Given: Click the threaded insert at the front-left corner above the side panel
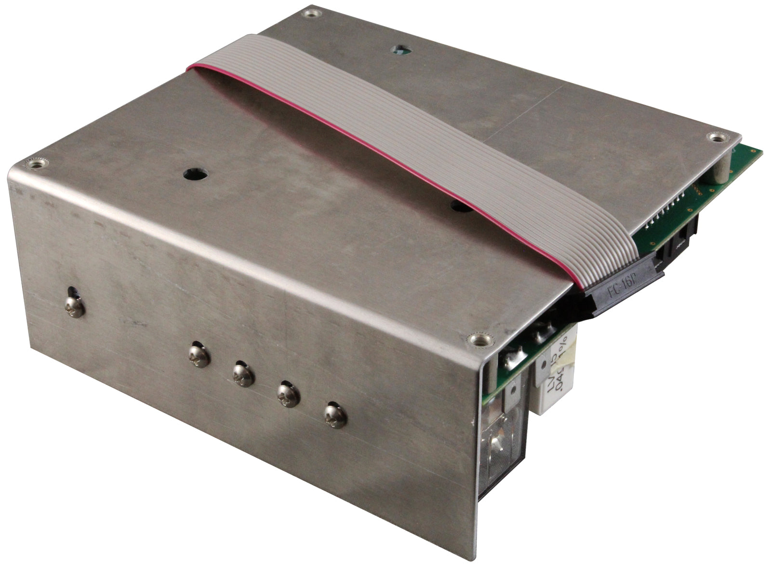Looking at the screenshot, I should [35, 165].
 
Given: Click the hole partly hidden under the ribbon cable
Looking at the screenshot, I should [460, 207].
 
